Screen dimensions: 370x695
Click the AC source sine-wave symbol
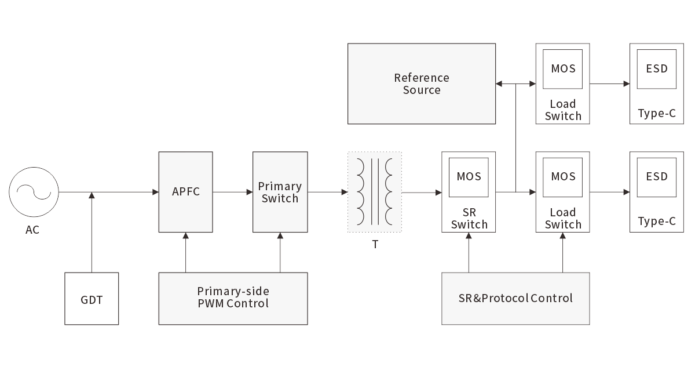(x=34, y=192)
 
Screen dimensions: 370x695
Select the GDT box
(x=92, y=299)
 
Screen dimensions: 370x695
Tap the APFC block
(x=185, y=192)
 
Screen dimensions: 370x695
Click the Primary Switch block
(x=280, y=192)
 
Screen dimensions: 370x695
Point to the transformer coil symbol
(x=374, y=192)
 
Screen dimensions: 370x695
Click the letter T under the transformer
(x=375, y=245)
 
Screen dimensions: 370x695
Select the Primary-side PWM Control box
(x=233, y=298)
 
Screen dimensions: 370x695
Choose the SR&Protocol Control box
(x=515, y=298)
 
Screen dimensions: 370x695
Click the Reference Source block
(x=422, y=84)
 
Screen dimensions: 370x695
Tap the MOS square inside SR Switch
(x=469, y=176)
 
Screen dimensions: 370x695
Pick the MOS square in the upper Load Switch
(x=563, y=68)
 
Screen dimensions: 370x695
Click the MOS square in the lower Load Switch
(x=563, y=176)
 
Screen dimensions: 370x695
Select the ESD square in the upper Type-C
(x=657, y=68)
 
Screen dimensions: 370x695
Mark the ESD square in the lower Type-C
(x=657, y=176)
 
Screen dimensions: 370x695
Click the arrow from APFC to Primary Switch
(x=232, y=192)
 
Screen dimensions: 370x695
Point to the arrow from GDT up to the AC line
(x=92, y=232)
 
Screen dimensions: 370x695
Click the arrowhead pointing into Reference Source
(x=499, y=84)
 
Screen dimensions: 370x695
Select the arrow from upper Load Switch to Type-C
(x=609, y=84)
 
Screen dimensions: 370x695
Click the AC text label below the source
(x=32, y=230)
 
